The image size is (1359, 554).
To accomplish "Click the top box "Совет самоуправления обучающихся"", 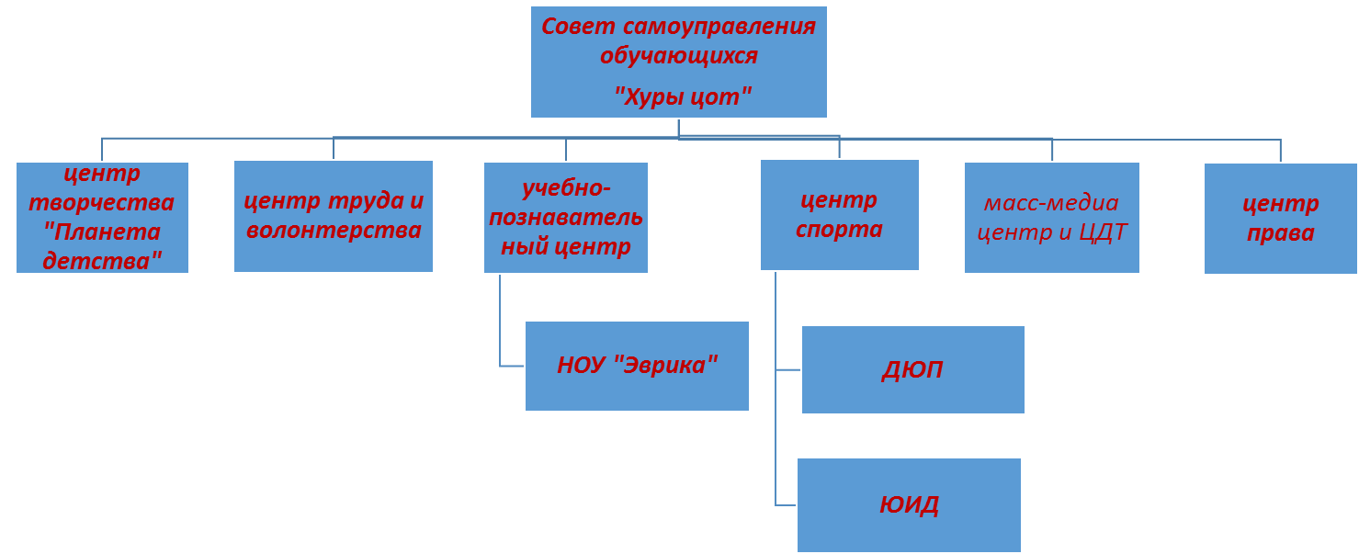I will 678,62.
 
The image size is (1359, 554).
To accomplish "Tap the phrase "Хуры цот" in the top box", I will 682,96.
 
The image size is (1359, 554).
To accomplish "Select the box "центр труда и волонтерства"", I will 333,216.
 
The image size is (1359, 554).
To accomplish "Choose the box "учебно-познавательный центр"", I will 565,217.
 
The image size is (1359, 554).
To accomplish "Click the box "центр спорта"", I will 839,214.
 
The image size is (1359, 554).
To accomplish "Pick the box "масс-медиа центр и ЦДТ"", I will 1051,217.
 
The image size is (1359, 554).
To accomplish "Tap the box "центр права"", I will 1280,218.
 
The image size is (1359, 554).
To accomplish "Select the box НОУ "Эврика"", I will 637,366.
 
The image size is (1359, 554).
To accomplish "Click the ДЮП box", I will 912,369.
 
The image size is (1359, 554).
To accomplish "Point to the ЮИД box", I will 909,504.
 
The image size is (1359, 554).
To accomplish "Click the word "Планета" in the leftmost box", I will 102,232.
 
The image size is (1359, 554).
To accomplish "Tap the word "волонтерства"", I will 334,230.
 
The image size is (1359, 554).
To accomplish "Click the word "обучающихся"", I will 678,55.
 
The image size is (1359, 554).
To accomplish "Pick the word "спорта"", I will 839,229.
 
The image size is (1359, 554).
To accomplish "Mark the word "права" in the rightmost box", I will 1280,233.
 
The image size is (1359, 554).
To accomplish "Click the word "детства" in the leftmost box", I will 102,260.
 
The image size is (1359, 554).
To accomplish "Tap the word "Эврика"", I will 666,365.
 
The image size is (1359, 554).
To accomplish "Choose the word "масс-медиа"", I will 1051,202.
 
